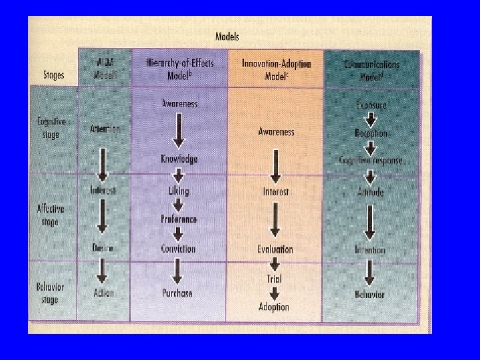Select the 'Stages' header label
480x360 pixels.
point(51,75)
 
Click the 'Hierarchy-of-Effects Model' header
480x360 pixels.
point(179,67)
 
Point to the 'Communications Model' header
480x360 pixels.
point(372,67)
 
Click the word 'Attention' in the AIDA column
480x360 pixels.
point(104,129)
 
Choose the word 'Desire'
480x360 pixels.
point(103,248)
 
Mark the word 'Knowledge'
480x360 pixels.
point(179,159)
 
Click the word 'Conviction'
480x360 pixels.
point(178,249)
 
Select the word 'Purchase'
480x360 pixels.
point(177,293)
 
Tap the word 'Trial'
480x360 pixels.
point(274,279)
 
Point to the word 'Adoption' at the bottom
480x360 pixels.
point(274,307)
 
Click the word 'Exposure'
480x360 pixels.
point(371,105)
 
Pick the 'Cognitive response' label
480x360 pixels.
point(371,160)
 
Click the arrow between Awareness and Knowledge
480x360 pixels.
point(178,131)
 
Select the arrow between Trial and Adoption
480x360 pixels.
point(274,293)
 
